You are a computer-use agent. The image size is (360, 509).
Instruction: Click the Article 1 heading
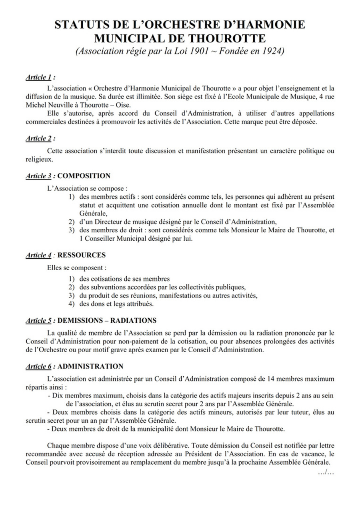click(38, 78)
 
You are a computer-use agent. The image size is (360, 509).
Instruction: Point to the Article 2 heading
click(38, 138)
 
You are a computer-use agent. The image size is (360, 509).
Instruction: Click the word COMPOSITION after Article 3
click(84, 176)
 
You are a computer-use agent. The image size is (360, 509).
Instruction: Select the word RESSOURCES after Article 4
click(82, 255)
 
